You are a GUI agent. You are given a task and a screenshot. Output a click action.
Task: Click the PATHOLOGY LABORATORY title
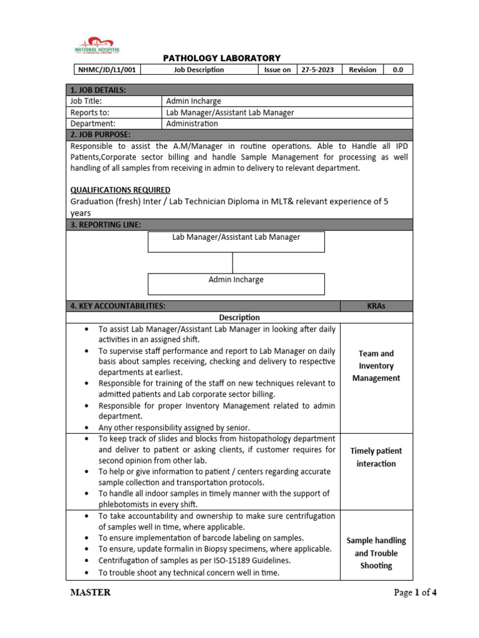point(221,58)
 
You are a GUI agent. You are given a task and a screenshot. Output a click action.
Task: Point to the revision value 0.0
point(397,70)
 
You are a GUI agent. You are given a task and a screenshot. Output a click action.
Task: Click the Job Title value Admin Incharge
point(193,101)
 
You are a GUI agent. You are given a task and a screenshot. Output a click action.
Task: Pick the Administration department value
point(192,123)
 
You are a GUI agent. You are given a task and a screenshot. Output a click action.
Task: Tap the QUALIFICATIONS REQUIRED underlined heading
point(120,189)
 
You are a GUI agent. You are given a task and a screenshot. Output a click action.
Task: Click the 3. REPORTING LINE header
point(105,224)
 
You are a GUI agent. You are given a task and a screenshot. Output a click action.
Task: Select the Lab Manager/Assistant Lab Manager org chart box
point(236,241)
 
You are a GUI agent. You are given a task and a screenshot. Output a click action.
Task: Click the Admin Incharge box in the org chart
point(236,283)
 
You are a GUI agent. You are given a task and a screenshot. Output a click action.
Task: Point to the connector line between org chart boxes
point(233,262)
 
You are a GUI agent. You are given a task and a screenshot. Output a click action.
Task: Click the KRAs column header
point(376,306)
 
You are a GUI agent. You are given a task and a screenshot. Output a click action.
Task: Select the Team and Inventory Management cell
point(376,366)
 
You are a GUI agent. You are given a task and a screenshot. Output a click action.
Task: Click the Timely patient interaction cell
point(376,457)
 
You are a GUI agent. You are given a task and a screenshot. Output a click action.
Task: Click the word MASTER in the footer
point(90,593)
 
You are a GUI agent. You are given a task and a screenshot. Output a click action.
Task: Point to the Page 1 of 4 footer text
point(415,593)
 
